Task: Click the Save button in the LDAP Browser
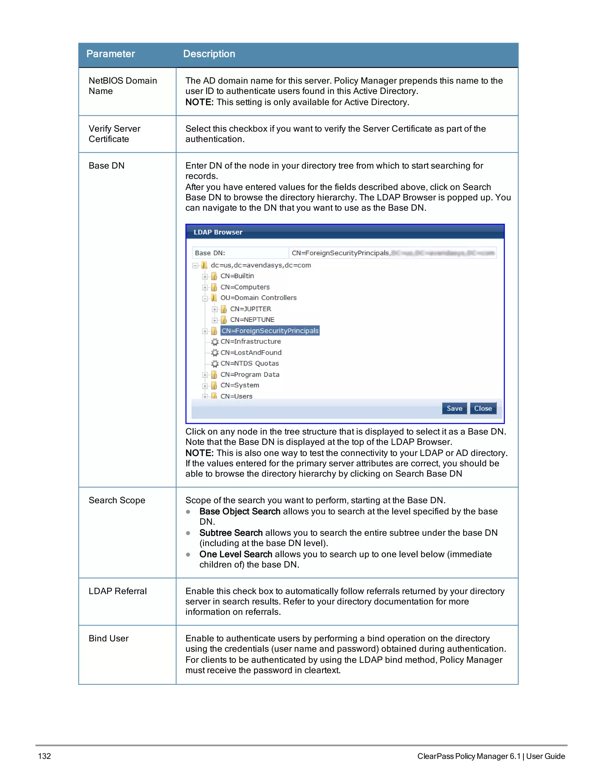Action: point(454,408)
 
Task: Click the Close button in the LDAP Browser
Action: point(483,408)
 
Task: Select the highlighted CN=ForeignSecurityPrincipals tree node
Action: point(270,331)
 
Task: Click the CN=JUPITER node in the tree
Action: point(251,309)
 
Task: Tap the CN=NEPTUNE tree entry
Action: point(252,320)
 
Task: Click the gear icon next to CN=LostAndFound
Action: point(215,353)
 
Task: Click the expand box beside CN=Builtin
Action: point(205,276)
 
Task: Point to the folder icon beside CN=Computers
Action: point(214,287)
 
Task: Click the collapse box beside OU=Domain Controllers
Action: point(205,298)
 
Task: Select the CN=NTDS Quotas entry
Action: point(249,364)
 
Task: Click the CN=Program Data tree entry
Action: point(250,375)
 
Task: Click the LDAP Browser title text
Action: point(218,232)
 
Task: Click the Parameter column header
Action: point(110,54)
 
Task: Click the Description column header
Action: point(209,54)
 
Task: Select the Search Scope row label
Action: point(117,500)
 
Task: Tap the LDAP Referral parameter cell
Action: point(117,591)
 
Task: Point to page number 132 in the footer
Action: point(45,756)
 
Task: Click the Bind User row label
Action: point(109,639)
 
